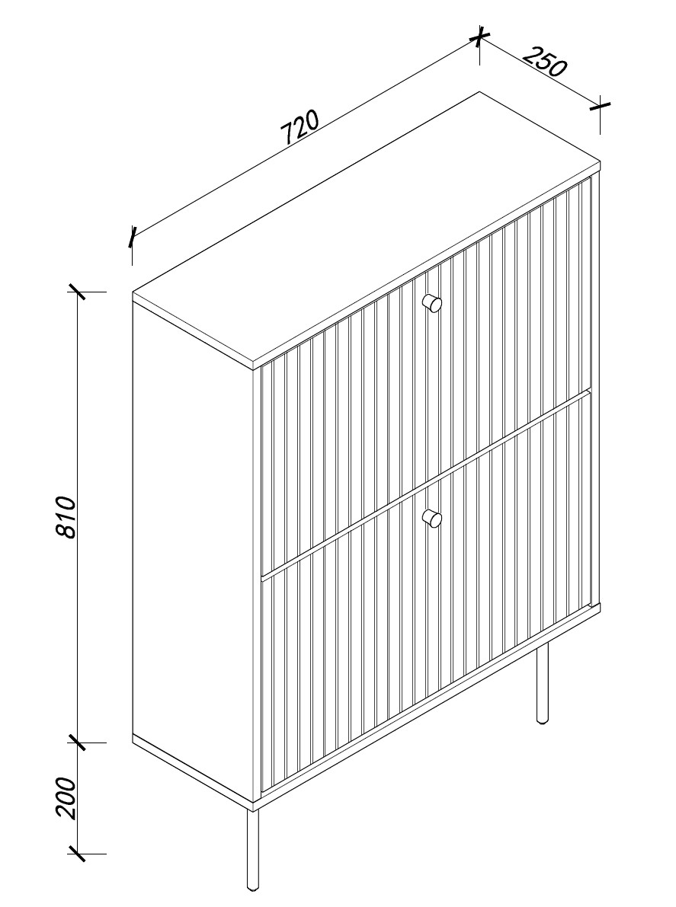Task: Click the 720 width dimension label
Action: click(300, 128)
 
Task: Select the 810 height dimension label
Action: click(68, 517)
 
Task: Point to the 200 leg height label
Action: click(68, 798)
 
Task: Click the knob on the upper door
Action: click(431, 302)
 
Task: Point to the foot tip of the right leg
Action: click(543, 722)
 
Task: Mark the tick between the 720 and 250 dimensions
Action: click(479, 38)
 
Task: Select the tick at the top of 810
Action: click(78, 292)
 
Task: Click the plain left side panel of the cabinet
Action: click(193, 555)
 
